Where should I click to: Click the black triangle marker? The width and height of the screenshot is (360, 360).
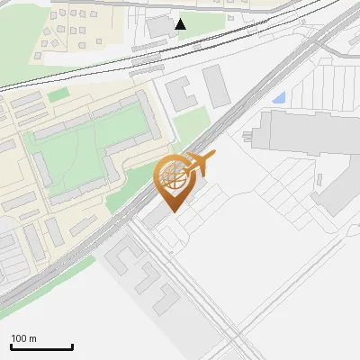181,23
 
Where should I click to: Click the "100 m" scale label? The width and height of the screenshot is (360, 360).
24,338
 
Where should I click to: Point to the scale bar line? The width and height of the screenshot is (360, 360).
41,346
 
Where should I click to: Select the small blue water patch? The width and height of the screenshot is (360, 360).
279,97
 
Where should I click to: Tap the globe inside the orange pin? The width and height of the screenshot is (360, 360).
173,177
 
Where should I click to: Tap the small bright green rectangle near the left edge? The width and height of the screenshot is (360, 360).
58,94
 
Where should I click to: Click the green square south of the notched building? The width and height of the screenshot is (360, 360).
189,126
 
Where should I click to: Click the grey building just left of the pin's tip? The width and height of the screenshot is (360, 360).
155,215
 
